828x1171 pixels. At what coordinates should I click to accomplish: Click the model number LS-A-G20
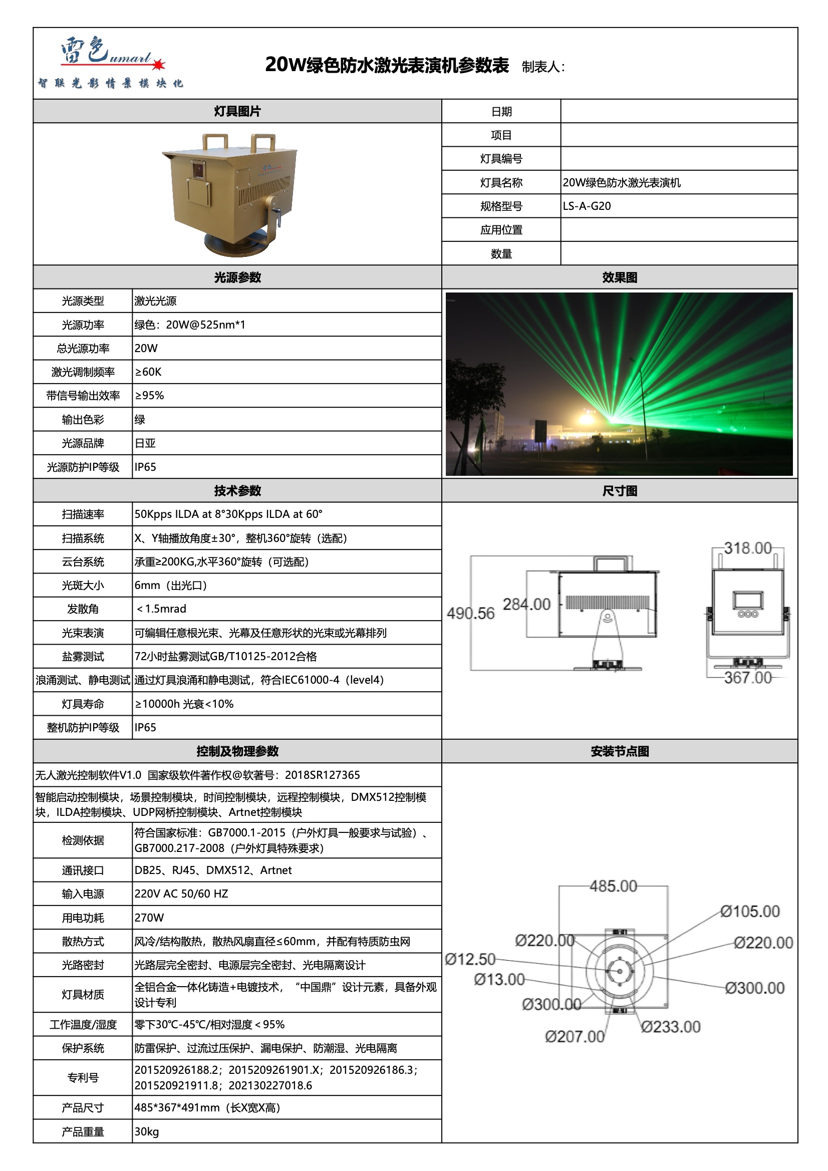coord(587,206)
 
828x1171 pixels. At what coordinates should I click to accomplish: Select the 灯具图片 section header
coord(237,111)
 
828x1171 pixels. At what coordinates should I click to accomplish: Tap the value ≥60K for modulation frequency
coord(148,372)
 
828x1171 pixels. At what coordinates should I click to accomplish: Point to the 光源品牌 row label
coord(83,443)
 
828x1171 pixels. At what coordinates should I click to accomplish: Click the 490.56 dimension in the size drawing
coord(470,613)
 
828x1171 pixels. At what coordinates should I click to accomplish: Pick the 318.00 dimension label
coord(747,548)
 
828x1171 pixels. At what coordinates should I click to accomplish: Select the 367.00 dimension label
coord(747,678)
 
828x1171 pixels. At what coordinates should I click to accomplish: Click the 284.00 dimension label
coord(526,605)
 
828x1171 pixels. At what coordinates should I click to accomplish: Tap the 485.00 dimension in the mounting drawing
coord(613,887)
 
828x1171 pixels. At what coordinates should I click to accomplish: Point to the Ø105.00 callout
coord(750,912)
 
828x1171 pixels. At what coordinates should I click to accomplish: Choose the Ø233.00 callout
coord(671,1027)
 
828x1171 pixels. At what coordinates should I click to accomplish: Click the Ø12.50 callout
coord(470,959)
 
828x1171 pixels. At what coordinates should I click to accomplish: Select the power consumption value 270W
coord(149,918)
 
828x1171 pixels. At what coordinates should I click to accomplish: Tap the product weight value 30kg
coord(146,1132)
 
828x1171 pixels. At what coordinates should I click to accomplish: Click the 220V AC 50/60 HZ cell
coord(181,894)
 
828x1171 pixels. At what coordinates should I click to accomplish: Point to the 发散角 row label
coord(83,609)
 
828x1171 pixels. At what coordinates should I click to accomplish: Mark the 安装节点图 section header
coord(619,751)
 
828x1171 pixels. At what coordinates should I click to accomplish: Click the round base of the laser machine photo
coord(236,246)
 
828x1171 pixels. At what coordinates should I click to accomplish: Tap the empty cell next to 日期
coord(679,111)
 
